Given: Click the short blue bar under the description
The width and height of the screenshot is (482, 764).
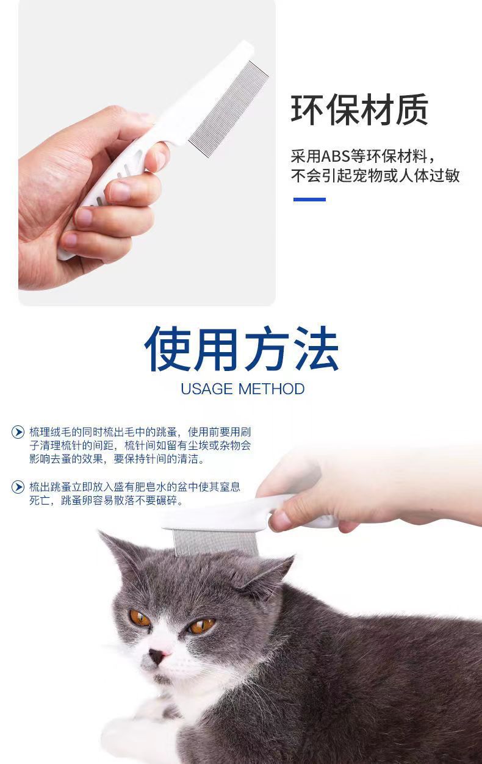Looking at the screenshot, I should [309, 200].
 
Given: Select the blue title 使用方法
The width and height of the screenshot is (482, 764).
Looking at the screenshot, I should [242, 350].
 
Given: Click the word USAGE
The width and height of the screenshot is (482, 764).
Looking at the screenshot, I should [207, 389].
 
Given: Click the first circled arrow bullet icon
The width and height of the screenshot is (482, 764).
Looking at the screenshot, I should [18, 432].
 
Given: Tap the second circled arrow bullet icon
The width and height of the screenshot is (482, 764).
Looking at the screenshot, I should [18, 487].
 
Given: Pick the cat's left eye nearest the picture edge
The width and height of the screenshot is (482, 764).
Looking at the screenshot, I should [140, 618].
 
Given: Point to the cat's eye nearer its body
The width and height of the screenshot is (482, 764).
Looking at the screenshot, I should [201, 625].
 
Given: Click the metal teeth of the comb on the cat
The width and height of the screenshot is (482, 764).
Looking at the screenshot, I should [217, 542].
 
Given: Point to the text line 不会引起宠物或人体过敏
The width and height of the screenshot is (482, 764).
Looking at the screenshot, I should [375, 176].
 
